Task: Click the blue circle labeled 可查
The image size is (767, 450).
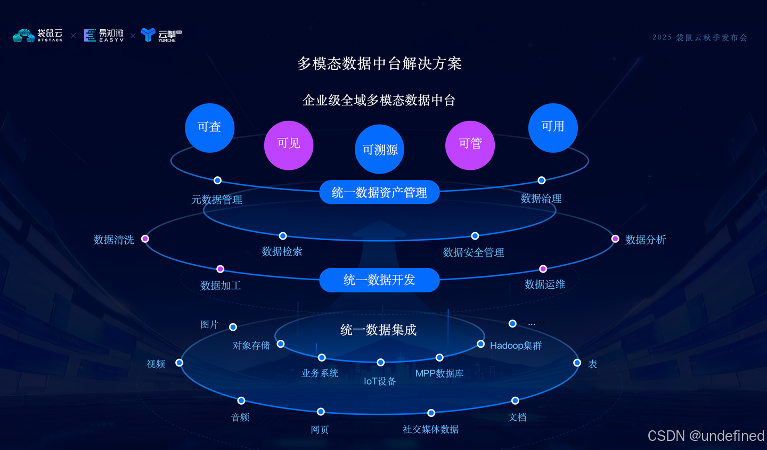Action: [209, 128]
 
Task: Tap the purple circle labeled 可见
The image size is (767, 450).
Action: [289, 145]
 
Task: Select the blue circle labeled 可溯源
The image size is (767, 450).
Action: [380, 149]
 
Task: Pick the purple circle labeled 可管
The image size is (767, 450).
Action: [470, 145]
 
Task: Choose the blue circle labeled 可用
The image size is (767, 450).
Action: [553, 128]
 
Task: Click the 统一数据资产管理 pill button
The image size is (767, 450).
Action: [379, 192]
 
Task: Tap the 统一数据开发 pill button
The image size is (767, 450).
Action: [379, 280]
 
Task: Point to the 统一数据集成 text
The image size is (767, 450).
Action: [379, 330]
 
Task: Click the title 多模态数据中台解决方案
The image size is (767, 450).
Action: [379, 64]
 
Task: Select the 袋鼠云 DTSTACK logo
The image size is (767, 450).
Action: [38, 36]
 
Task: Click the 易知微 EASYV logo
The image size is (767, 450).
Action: [104, 36]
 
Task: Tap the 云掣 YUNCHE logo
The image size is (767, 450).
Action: [161, 36]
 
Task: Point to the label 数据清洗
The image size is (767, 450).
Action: [113, 240]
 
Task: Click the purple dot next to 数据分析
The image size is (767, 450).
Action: [615, 239]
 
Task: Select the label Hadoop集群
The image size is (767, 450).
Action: [516, 346]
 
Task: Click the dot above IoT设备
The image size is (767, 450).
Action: [380, 363]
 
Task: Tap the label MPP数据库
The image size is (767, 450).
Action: [439, 373]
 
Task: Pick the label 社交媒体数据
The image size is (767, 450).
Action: [431, 429]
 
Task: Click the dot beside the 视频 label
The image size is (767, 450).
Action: [179, 363]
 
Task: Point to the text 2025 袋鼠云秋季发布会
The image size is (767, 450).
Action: [700, 37]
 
